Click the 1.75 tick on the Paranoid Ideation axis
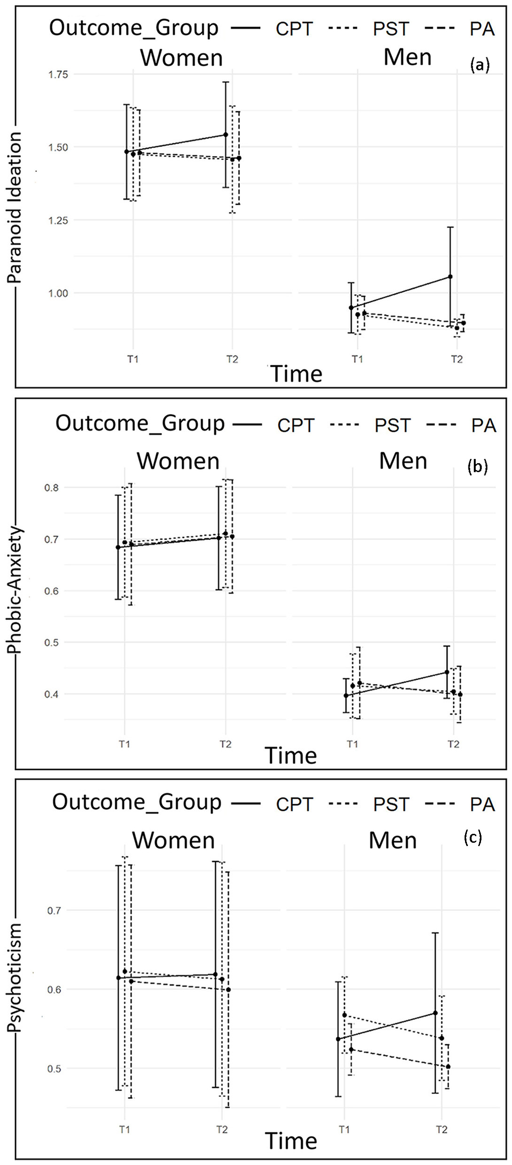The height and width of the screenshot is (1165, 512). click(58, 75)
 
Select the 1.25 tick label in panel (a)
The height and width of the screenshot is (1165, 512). click(58, 220)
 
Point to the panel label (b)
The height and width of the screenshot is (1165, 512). click(477, 466)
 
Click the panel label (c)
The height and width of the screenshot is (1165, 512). click(473, 837)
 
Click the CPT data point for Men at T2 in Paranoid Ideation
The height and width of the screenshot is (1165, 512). click(450, 277)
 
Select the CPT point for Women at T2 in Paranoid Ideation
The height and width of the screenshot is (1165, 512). click(226, 135)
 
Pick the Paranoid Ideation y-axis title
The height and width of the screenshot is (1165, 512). click(15, 207)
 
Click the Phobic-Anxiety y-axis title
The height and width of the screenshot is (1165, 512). click(15, 590)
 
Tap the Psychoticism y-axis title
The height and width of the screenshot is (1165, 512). click(15, 978)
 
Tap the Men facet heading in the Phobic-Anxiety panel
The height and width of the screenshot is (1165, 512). click(403, 461)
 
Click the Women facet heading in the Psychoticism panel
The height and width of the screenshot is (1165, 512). click(173, 840)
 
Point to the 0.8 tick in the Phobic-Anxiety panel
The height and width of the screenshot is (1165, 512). click(52, 488)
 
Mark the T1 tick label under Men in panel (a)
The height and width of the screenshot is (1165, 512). click(357, 359)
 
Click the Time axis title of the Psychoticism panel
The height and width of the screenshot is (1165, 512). click(291, 1141)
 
